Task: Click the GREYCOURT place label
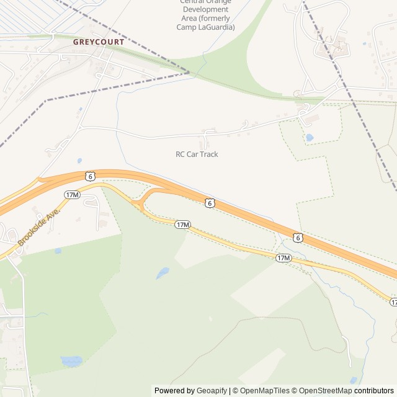99,42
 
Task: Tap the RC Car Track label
197,154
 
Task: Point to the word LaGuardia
216,27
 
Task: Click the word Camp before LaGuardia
185,27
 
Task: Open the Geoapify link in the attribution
212,391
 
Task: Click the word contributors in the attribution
374,391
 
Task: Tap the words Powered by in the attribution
174,391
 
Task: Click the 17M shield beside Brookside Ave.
72,195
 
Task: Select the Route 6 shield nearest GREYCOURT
91,176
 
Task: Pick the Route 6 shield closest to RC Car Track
210,203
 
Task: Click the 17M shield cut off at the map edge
393,301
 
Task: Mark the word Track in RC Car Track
208,154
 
